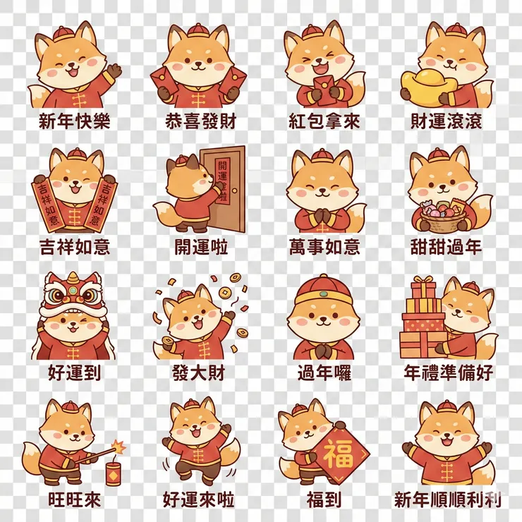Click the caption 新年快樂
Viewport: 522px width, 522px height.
74,121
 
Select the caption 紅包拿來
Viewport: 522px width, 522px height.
324,121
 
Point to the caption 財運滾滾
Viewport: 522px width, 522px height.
447,121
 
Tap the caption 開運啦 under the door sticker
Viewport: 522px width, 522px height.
200,247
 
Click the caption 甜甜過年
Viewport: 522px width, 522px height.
447,247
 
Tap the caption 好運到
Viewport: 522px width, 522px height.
74,372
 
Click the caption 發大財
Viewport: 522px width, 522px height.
198,372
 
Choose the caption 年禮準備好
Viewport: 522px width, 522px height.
448,372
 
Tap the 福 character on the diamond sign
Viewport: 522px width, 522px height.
339,455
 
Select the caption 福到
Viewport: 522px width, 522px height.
324,499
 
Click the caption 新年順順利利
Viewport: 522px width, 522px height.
448,499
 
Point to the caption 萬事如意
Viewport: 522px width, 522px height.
324,247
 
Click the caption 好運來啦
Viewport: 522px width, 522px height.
198,499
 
